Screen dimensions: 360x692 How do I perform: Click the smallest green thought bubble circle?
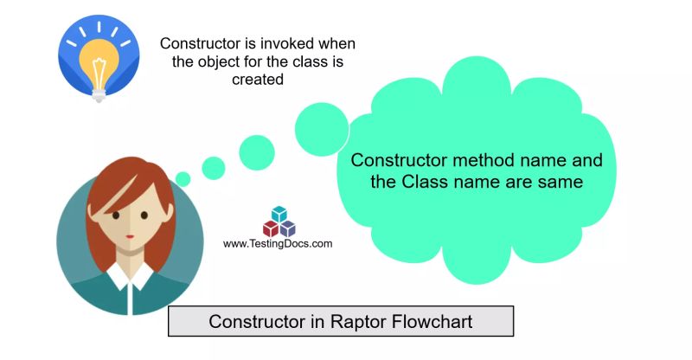coord(183,180)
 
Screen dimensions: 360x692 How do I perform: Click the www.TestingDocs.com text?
coord(278,244)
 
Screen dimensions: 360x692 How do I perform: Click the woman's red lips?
coord(129,235)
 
